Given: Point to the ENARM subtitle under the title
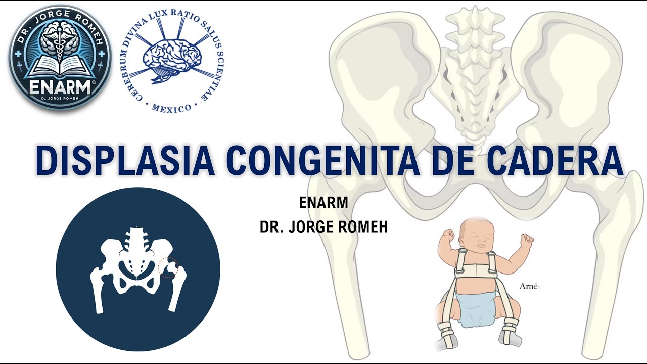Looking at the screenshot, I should click(x=323, y=203).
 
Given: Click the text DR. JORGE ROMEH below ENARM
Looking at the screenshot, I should click(x=323, y=227).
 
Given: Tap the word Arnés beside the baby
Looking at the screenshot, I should click(x=530, y=286).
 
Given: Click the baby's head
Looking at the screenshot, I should click(x=477, y=234).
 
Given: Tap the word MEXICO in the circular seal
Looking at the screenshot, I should click(x=172, y=108).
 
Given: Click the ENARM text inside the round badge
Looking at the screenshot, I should click(x=60, y=87).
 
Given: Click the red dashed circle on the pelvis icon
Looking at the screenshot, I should click(x=168, y=267).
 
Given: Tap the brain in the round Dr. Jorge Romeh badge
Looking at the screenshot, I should click(x=59, y=40).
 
